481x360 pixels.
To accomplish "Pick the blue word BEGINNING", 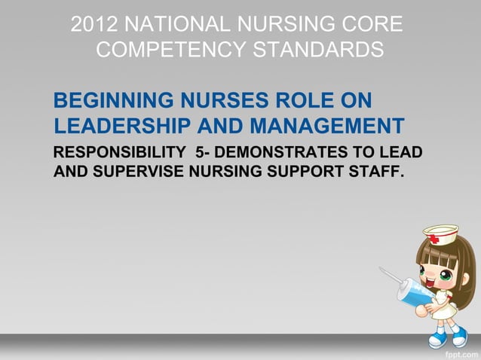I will coord(111,100).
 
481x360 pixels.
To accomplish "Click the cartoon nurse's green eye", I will coord(446,276).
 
